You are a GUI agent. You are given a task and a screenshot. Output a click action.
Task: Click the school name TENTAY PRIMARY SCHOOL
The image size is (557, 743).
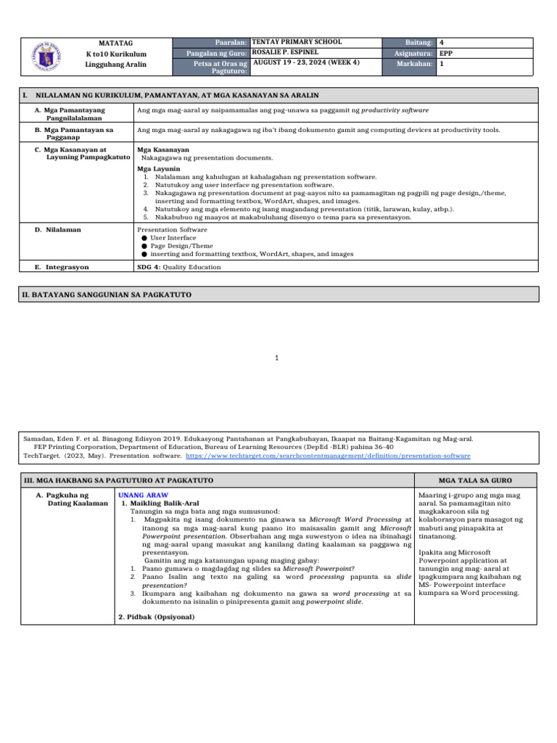(x=296, y=43)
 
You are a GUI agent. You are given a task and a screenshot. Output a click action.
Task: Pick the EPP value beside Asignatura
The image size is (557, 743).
(x=447, y=54)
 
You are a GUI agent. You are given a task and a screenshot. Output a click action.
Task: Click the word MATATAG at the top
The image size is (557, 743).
(x=115, y=44)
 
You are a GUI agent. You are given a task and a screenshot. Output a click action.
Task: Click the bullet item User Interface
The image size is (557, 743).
(x=173, y=237)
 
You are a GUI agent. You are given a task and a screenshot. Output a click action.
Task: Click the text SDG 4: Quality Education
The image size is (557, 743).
(x=178, y=267)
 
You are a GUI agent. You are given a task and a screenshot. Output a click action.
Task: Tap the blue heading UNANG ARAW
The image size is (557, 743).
(x=138, y=494)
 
